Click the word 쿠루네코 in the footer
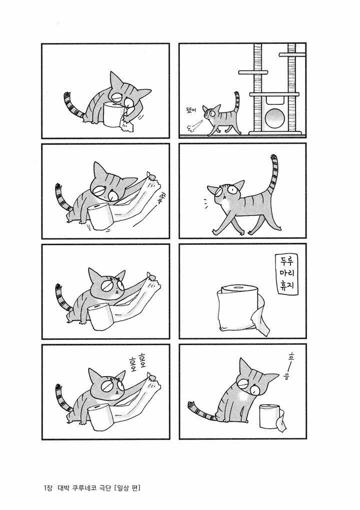[x=85, y=488]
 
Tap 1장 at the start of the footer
[x=47, y=488]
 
